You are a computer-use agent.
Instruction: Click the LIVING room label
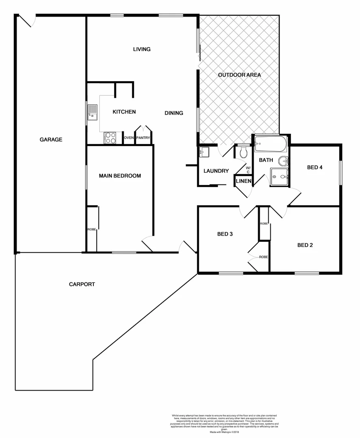(142, 49)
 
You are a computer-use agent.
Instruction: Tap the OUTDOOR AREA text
(239, 75)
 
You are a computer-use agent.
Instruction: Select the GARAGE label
(51, 140)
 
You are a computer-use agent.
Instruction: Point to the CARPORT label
(82, 284)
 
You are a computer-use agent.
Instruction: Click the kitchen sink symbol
(93, 113)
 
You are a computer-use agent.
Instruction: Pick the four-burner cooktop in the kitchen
(110, 138)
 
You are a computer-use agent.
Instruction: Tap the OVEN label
(129, 138)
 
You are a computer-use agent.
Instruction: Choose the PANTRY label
(143, 138)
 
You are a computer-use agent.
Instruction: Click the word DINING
(174, 113)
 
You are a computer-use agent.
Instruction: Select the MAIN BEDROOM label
(120, 176)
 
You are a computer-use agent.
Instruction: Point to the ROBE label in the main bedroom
(91, 230)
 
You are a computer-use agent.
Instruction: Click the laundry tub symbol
(204, 152)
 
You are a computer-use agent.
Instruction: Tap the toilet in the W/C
(244, 152)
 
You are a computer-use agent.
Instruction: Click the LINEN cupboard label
(244, 181)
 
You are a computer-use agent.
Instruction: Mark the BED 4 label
(315, 167)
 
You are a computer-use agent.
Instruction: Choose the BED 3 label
(224, 234)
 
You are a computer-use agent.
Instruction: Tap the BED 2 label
(305, 245)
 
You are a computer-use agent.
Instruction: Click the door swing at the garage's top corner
(26, 21)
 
